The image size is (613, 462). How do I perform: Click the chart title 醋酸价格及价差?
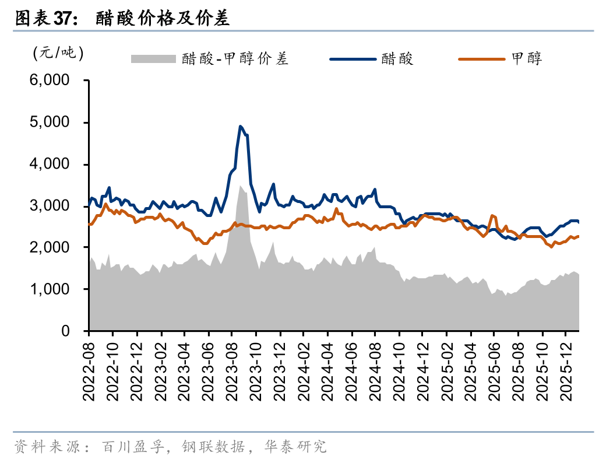coord(163,19)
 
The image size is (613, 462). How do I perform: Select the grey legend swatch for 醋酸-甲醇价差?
coord(153,58)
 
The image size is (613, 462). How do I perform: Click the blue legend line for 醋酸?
coord(353,58)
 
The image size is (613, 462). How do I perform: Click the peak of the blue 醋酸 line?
coord(241,126)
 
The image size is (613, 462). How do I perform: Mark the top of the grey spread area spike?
coord(241,186)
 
